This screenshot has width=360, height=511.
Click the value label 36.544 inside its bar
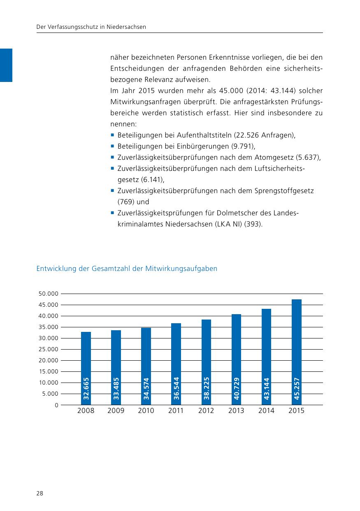(x=176, y=389)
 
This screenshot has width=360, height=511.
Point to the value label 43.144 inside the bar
(x=267, y=389)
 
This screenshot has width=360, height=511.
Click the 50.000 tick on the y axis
(x=48, y=294)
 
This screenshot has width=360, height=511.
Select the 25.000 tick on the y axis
(x=48, y=350)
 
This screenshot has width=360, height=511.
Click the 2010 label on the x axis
(x=146, y=411)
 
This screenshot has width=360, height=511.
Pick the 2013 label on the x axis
(x=236, y=411)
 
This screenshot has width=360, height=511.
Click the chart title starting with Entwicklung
(x=127, y=269)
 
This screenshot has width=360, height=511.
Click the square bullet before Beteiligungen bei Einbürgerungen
(x=112, y=146)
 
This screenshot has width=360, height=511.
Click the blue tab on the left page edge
(x=6, y=65)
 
